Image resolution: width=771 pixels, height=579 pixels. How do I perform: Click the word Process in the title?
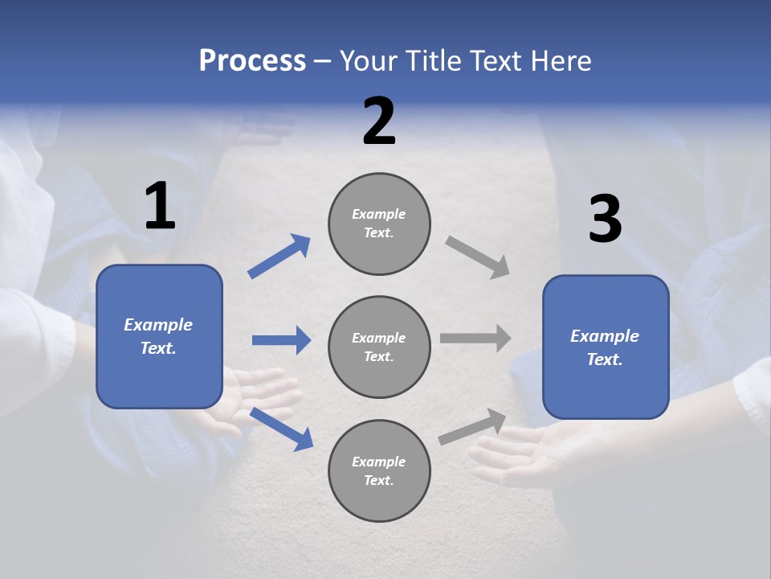coord(252,61)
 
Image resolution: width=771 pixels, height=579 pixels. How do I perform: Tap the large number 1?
coord(160,207)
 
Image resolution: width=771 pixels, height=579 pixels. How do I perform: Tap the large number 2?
coord(379,121)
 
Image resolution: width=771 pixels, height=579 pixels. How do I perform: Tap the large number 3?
coord(605,219)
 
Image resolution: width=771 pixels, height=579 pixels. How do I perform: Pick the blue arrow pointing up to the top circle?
coord(279,256)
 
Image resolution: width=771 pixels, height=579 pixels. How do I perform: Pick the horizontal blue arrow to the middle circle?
coord(281,340)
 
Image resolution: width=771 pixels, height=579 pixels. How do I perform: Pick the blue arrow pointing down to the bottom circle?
coord(282,429)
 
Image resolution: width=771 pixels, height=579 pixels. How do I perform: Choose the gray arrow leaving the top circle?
coord(478,257)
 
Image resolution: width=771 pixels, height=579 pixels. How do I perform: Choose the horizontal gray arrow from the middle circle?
coord(475,339)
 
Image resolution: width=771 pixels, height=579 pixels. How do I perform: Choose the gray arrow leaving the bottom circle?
coord(473,427)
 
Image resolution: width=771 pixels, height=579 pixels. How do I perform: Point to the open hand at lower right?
coord(522,454)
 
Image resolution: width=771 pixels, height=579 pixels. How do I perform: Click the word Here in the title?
coord(561,61)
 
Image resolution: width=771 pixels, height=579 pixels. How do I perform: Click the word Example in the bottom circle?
coord(378,462)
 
